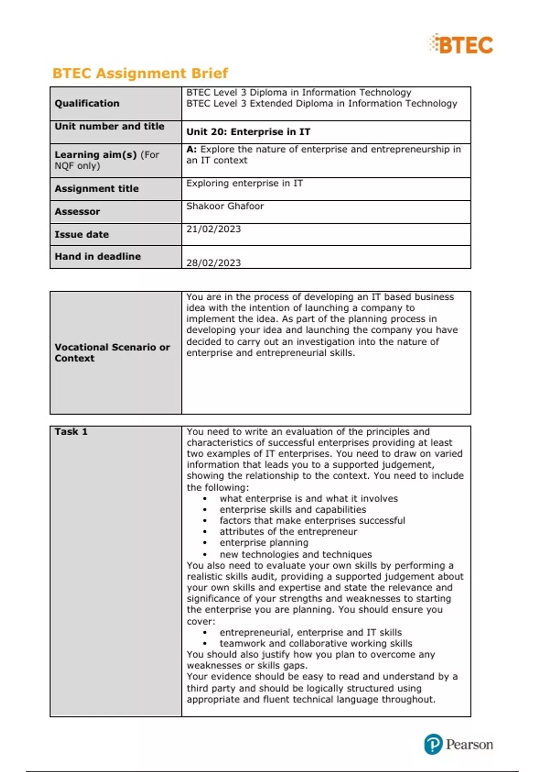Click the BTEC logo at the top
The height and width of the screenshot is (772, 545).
tap(461, 45)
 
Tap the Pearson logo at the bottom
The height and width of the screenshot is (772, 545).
tap(459, 745)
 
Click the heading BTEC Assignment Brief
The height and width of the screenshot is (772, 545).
tap(140, 73)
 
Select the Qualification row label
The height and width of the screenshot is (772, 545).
tap(87, 104)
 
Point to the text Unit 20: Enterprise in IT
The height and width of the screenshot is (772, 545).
tap(248, 132)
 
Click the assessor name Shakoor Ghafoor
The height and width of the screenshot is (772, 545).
tap(225, 206)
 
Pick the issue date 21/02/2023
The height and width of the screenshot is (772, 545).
tap(213, 229)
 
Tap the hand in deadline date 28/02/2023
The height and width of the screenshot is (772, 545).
tap(213, 263)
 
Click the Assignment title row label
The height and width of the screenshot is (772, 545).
tap(96, 189)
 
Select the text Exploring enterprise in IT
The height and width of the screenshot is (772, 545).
tap(244, 183)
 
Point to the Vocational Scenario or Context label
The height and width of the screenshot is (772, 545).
tap(112, 353)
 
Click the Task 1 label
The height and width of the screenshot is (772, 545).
tap(71, 432)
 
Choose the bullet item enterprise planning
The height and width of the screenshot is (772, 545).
tap(264, 543)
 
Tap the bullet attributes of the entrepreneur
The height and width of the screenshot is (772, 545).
tap(288, 532)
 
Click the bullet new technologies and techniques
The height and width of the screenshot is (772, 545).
tap(296, 554)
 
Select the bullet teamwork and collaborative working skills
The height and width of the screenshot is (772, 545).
tap(316, 643)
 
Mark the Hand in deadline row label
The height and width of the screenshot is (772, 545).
tap(98, 257)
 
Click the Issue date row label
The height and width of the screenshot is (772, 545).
tap(82, 235)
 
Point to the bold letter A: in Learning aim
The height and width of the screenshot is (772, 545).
tap(191, 149)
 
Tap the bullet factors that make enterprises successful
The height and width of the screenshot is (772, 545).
tap(312, 520)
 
